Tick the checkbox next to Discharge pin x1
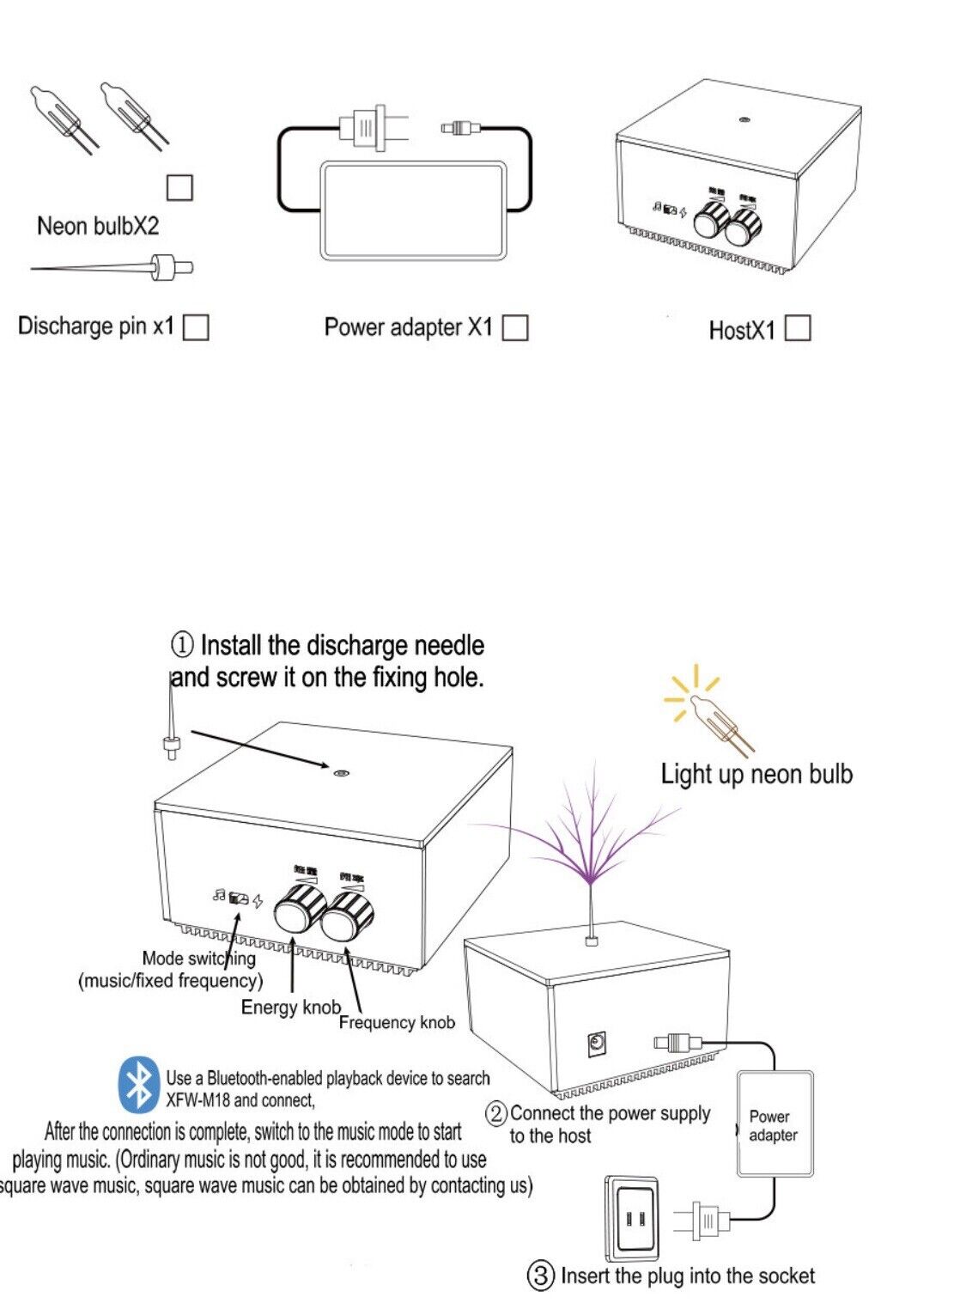(197, 327)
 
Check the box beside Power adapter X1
(514, 327)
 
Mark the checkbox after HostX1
(798, 329)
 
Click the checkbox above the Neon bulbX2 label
(179, 187)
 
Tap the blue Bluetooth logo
(138, 1084)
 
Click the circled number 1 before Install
(182, 644)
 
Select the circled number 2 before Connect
(496, 1114)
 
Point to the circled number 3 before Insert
(540, 1276)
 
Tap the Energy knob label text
(290, 1007)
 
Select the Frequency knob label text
(397, 1022)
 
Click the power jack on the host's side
(597, 1044)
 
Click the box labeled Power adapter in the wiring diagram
(774, 1124)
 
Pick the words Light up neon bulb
(756, 774)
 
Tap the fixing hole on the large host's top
(341, 772)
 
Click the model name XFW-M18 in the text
(196, 1100)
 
